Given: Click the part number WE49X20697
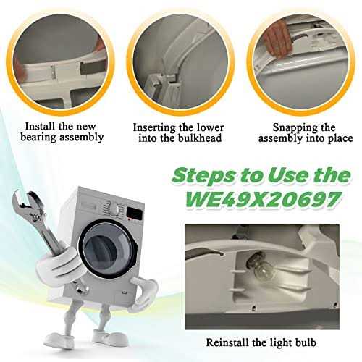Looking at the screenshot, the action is (x=264, y=200).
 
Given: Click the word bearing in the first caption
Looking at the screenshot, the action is (x=38, y=138).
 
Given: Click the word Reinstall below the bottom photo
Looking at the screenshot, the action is (x=227, y=342).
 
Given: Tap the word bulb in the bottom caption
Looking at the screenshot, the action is (x=306, y=342).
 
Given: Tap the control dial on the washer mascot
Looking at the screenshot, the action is (x=116, y=209).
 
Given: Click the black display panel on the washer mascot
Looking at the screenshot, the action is (x=135, y=213).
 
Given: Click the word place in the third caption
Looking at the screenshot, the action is (x=340, y=139).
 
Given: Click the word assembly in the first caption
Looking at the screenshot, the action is (x=82, y=138).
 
